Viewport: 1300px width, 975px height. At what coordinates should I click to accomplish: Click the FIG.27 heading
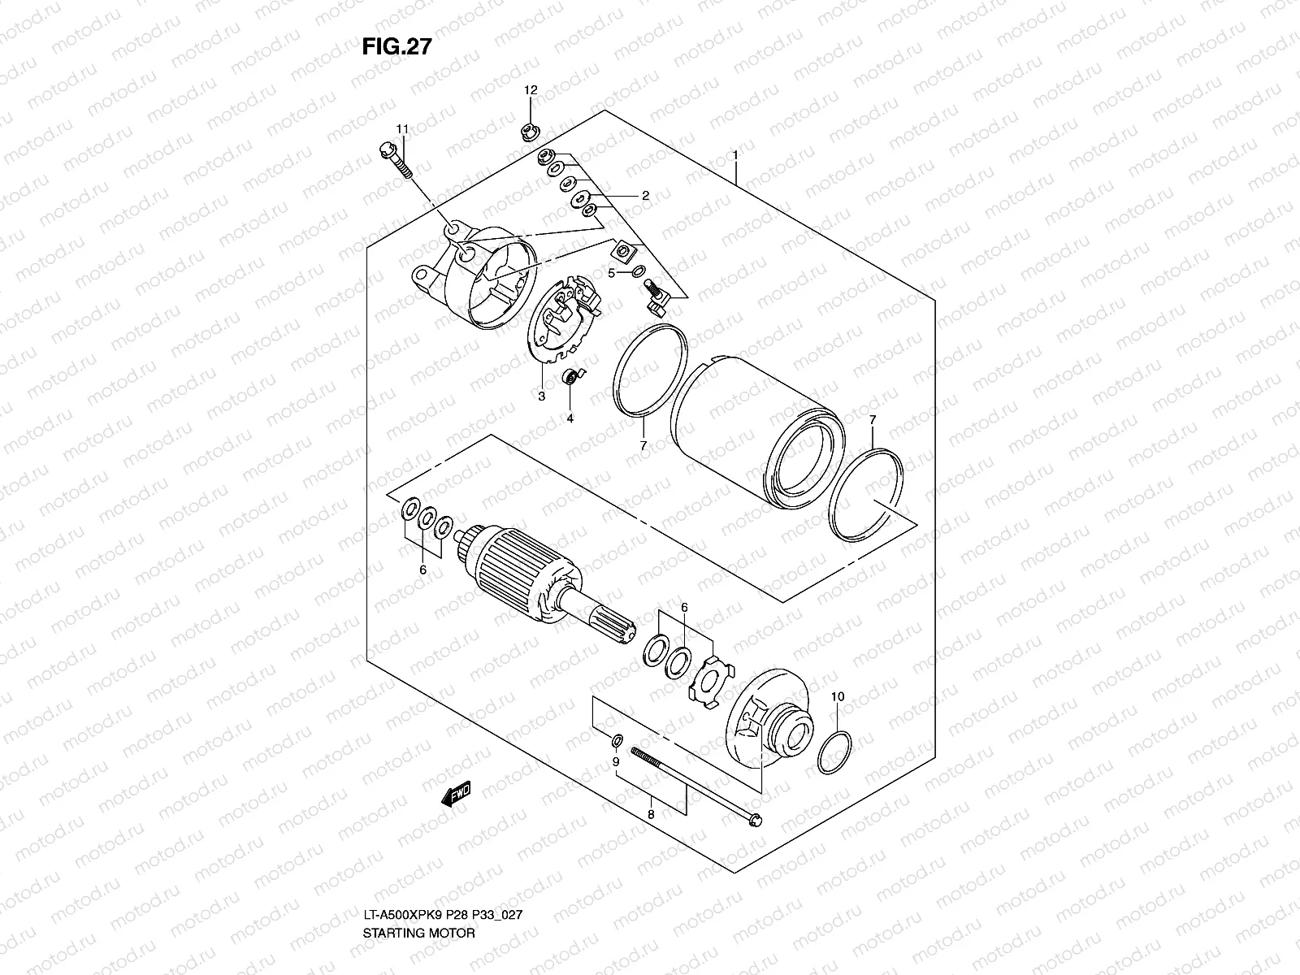pos(396,47)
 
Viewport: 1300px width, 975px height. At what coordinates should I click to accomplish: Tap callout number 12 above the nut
pos(530,90)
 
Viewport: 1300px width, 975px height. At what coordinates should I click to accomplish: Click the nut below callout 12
pos(530,128)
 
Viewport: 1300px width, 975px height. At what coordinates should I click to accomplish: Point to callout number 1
pos(734,154)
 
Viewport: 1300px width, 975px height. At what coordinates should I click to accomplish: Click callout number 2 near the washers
pos(645,196)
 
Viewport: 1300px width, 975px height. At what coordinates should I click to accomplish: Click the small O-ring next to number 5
pos(638,271)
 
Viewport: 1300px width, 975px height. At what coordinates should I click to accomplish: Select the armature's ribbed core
pos(520,569)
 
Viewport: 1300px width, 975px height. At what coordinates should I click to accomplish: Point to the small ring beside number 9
pos(617,740)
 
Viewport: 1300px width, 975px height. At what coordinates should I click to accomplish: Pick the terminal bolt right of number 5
pos(656,298)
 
